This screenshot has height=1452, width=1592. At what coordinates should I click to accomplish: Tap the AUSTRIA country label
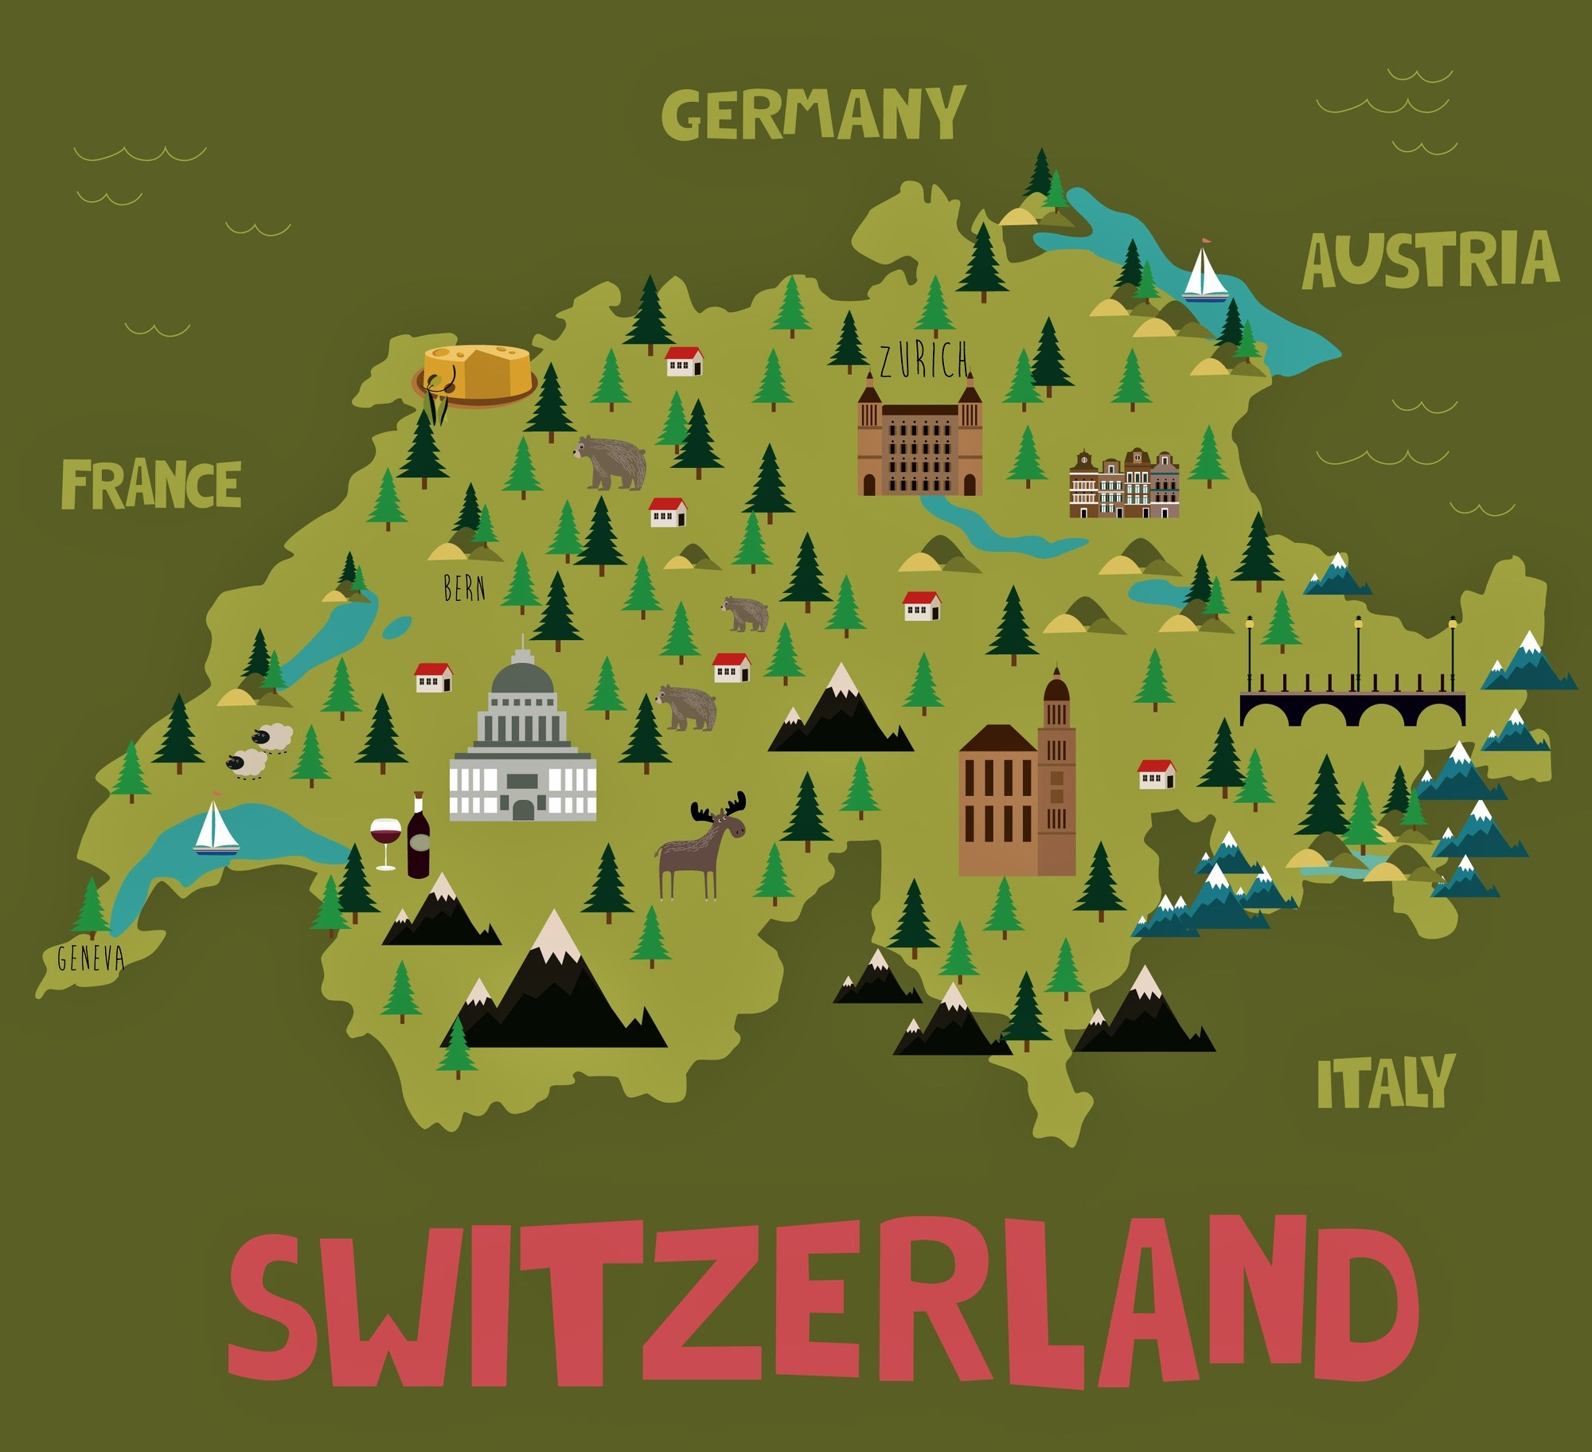pyautogui.click(x=1430, y=260)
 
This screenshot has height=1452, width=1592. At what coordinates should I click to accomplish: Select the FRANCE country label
pyautogui.click(x=150, y=484)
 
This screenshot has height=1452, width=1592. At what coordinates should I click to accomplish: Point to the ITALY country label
pyautogui.click(x=1385, y=1082)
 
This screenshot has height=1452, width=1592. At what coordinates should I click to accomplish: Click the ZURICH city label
pyautogui.click(x=924, y=360)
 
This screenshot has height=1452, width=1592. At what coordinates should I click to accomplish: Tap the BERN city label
pyautogui.click(x=464, y=588)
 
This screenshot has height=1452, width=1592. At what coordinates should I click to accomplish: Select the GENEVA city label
pyautogui.click(x=91, y=958)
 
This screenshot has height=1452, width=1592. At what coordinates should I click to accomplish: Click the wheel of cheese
pyautogui.click(x=476, y=372)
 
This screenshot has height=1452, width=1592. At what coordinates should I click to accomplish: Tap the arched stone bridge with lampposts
pyautogui.click(x=1352, y=705)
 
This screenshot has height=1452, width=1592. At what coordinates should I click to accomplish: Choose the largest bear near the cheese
pyautogui.click(x=611, y=461)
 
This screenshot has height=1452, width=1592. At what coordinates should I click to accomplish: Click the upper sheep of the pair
pyautogui.click(x=272, y=737)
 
